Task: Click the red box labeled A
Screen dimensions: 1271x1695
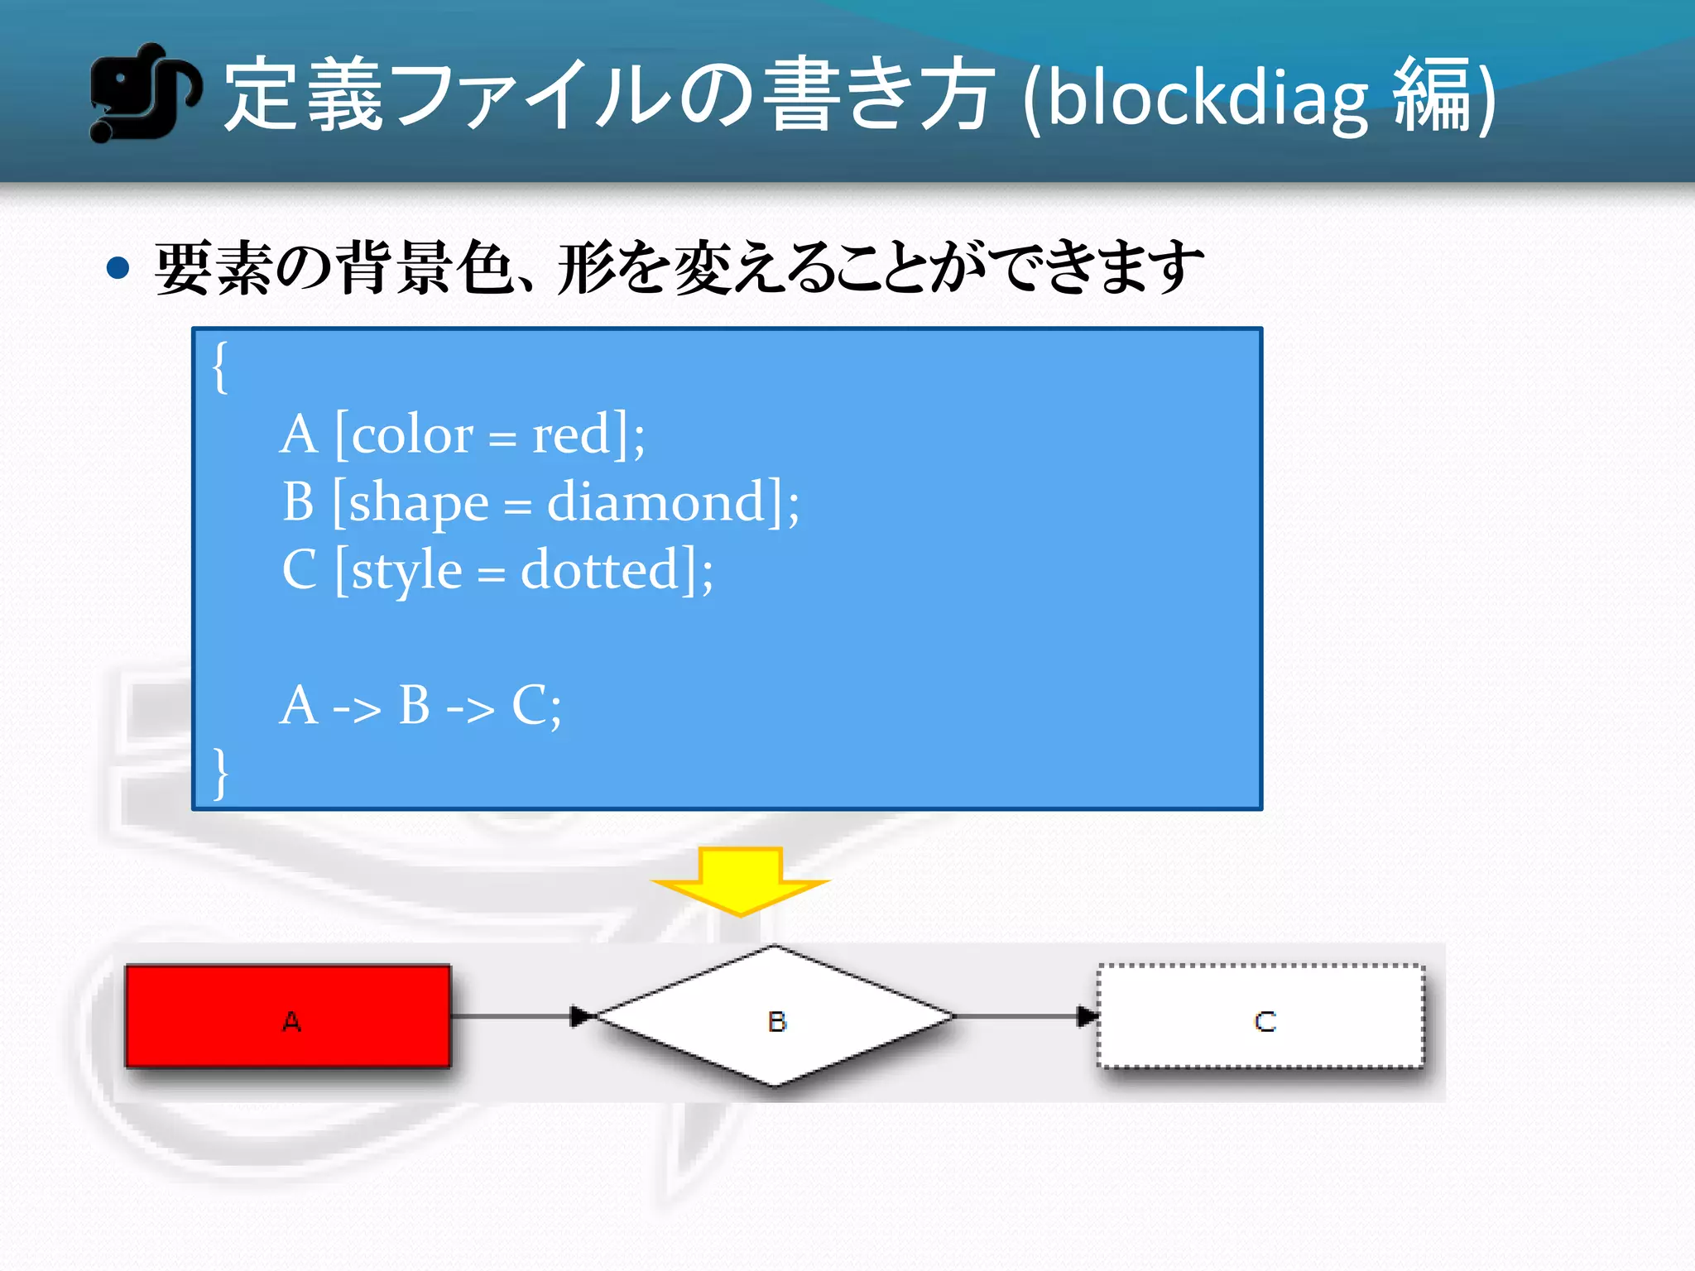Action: click(288, 1016)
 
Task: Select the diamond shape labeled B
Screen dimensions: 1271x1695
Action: click(775, 1016)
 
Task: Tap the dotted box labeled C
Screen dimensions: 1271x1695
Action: click(1261, 1016)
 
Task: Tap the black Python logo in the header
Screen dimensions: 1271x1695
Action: click(144, 93)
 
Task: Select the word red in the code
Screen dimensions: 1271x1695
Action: click(571, 435)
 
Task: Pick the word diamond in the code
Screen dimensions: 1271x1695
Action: click(655, 502)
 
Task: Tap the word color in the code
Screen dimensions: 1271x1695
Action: click(412, 435)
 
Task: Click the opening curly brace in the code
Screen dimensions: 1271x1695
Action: click(220, 367)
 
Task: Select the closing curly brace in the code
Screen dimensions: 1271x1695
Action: click(220, 773)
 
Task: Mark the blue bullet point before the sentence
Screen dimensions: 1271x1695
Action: click(119, 268)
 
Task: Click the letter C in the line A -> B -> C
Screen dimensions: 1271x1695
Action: click(530, 706)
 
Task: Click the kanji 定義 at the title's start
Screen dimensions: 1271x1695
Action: click(303, 94)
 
